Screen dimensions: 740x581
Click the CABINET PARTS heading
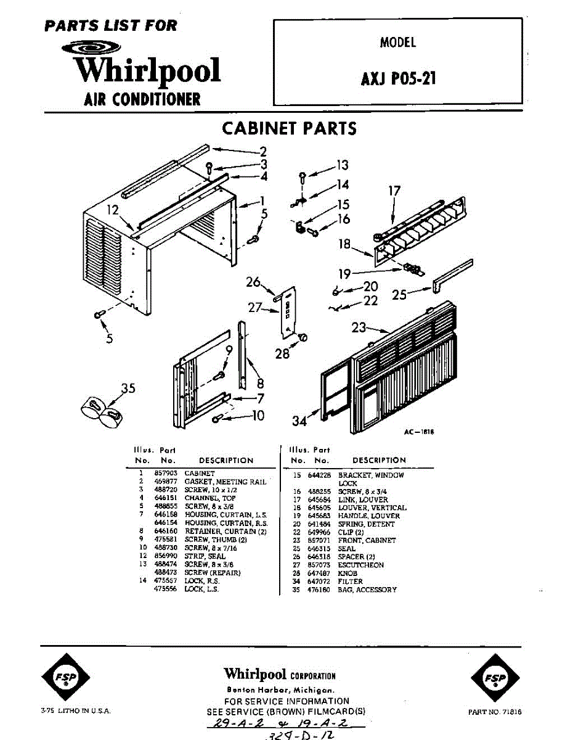[x=289, y=128]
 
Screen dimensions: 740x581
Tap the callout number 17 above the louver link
[x=394, y=191]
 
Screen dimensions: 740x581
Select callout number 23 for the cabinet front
[x=359, y=328]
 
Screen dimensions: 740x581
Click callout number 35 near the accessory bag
[x=128, y=388]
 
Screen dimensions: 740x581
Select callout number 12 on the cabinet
[x=112, y=210]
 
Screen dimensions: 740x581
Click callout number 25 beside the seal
[x=399, y=294]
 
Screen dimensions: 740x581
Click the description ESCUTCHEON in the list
[x=360, y=565]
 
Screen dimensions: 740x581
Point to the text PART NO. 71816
[x=495, y=712]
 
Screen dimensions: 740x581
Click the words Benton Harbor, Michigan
[x=280, y=689]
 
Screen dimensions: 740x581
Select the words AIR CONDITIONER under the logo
[x=142, y=99]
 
